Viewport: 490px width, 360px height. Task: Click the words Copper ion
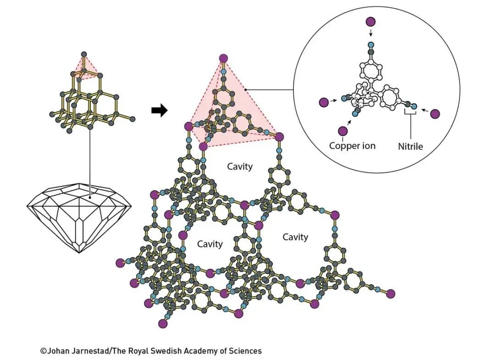tap(352, 146)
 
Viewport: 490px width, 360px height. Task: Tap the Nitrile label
tap(410, 146)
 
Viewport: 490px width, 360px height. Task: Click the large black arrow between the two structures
tap(159, 111)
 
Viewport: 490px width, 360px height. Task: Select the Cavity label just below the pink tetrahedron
tap(240, 166)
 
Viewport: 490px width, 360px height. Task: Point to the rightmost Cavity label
tap(295, 237)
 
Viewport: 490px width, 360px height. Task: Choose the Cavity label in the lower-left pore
tap(210, 244)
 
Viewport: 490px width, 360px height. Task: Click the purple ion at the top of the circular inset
tap(371, 22)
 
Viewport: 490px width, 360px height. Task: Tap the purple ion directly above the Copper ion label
tap(342, 131)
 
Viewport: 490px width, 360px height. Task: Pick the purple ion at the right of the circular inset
tap(435, 114)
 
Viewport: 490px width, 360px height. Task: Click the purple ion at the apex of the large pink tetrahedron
tap(223, 58)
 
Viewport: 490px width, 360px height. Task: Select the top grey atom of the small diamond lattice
tap(84, 54)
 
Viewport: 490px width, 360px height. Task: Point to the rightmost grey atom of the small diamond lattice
tap(133, 119)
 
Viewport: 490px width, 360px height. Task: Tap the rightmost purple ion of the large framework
tap(391, 293)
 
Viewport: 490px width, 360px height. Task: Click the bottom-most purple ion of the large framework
tap(162, 323)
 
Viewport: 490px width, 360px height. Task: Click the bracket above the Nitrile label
tap(410, 112)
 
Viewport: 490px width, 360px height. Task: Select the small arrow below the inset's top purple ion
tap(371, 33)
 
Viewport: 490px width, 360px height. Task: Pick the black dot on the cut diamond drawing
tap(90, 198)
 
